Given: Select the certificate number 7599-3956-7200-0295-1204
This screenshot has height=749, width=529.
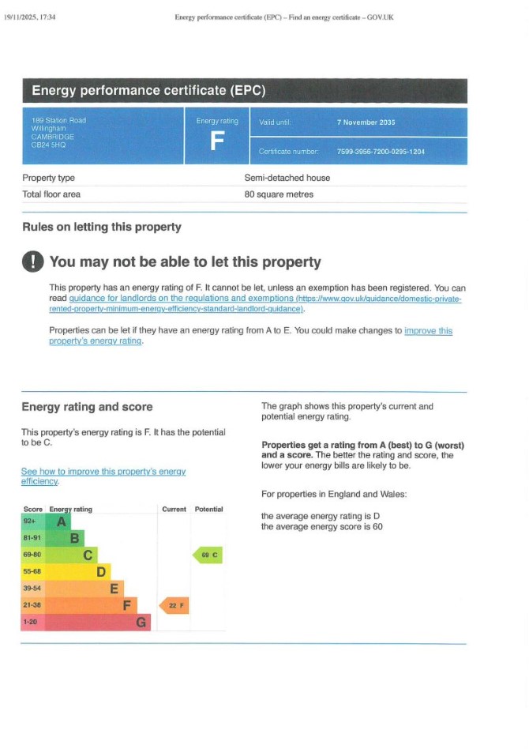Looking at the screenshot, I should (381, 151).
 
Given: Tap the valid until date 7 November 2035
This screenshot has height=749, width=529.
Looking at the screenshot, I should (366, 122).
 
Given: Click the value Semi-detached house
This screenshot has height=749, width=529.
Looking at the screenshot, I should (287, 178).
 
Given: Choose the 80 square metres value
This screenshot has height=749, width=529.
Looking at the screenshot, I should (279, 194).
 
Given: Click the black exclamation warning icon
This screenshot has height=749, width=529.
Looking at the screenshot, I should (33, 262).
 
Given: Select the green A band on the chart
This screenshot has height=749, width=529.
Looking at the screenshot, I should (60, 521).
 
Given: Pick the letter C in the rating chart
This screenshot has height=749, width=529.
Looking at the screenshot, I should (89, 555).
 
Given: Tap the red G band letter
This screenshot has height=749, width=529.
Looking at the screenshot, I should (141, 623).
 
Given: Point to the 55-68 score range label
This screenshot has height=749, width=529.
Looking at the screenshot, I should (32, 571).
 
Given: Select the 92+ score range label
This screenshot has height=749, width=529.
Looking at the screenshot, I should (30, 521).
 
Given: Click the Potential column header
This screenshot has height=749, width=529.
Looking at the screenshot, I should (208, 510).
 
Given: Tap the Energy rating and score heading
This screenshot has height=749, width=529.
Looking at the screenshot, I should (87, 407).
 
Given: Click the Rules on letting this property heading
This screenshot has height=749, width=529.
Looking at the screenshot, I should (101, 227).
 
